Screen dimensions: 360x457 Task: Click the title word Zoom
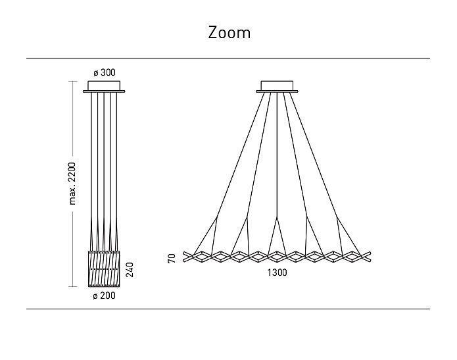point(229,32)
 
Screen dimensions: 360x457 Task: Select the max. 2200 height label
point(73,182)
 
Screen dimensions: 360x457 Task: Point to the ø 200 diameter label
point(105,297)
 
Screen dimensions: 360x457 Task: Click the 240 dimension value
point(130,269)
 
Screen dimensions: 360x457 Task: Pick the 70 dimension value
point(172,258)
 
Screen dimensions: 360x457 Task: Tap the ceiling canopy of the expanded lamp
point(279,86)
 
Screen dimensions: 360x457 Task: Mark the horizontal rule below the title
point(228,59)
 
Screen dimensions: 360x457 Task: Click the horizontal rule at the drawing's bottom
point(228,309)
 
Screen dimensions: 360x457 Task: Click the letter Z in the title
point(213,32)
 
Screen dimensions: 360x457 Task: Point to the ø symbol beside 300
point(96,72)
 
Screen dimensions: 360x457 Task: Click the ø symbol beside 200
point(96,297)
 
